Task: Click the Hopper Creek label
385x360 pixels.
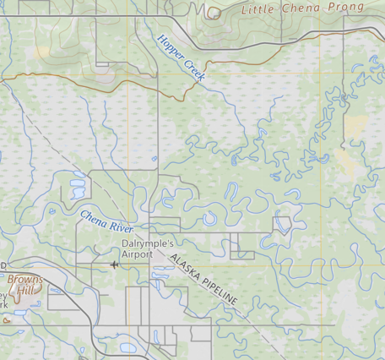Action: [x=181, y=57]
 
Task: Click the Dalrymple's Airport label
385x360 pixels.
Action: [x=148, y=248]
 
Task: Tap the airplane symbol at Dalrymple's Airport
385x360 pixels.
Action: [x=115, y=265]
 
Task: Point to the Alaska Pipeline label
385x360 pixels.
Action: [x=203, y=279]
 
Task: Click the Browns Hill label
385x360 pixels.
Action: [x=24, y=283]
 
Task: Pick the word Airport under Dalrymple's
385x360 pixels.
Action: [x=138, y=253]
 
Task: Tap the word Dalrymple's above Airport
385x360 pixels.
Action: [x=148, y=243]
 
